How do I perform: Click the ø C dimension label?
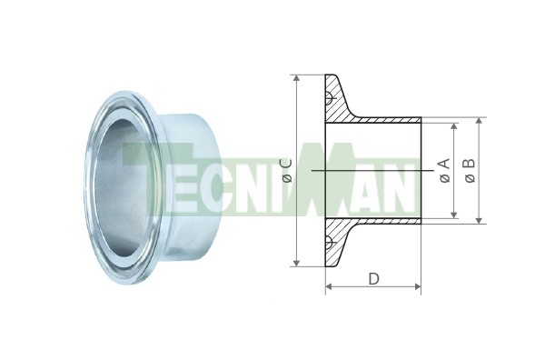pos(287,170)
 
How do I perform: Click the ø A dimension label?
pos(444,170)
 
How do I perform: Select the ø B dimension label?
pos(470,170)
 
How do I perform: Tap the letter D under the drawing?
pos(373,278)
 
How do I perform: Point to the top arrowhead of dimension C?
pos(296,78)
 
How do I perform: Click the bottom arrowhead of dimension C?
pos(296,263)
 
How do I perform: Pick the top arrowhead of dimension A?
pos(453,126)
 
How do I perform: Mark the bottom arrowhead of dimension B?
pos(479,220)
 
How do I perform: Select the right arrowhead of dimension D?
pos(417,286)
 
